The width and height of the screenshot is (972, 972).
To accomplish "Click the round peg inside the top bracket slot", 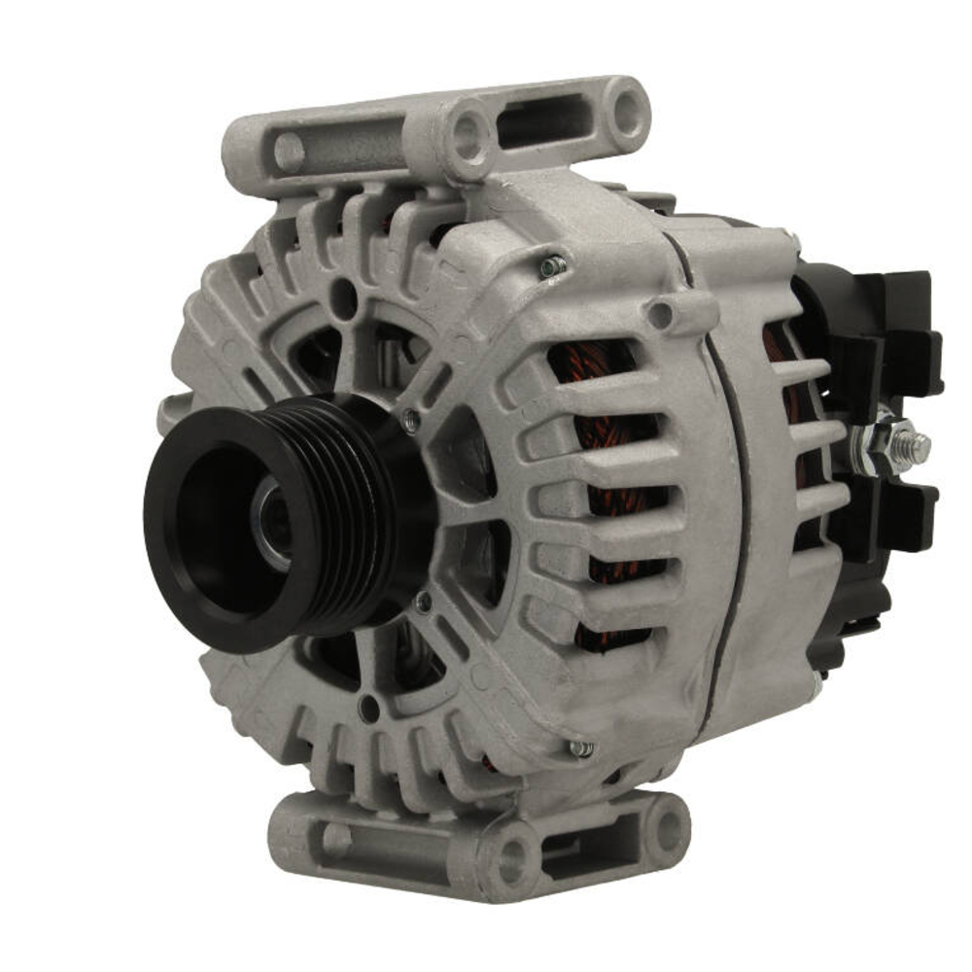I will pos(289,152).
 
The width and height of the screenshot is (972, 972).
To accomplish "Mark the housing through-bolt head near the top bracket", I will pos(553,265).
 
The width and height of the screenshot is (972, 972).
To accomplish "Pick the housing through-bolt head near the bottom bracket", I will pos(580,748).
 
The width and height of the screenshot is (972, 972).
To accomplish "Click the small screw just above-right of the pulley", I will pos(412,420).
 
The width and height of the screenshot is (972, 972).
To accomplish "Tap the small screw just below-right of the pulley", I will pos(424,603).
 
